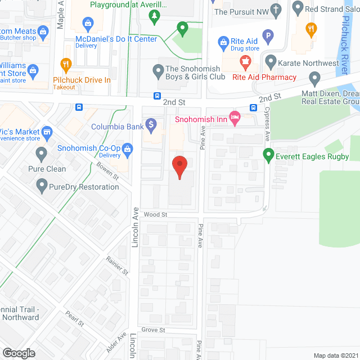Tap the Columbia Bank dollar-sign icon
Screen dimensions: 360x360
tap(151, 124)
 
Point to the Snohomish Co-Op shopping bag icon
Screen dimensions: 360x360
tap(128, 149)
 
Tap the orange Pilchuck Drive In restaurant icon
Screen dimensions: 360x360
tap(66, 65)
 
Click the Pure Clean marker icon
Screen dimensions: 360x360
tap(41, 153)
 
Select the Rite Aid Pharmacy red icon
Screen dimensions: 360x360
tap(245, 61)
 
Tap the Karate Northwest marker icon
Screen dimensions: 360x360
tap(271, 61)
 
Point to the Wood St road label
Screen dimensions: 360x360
tap(156, 214)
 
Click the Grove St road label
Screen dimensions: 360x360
tap(153, 330)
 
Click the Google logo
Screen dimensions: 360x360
tap(19, 353)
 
